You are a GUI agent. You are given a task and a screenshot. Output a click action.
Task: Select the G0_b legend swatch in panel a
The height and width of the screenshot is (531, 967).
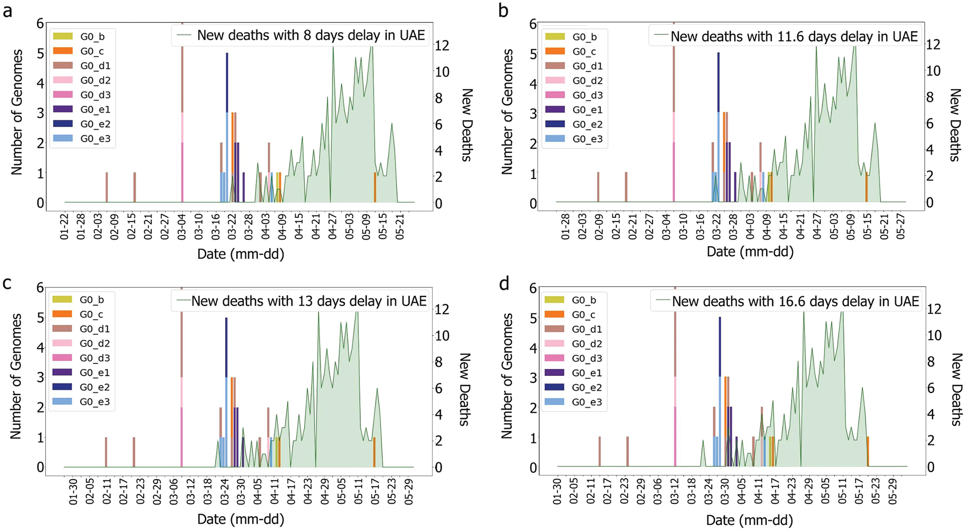tap(63, 36)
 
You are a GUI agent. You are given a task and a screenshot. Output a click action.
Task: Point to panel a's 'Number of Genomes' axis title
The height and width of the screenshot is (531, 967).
tap(17, 112)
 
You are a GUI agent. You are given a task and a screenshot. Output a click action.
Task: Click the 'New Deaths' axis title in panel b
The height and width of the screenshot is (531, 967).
tap(954, 125)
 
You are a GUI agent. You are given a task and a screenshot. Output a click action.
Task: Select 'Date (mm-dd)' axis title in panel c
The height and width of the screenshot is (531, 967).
tap(241, 519)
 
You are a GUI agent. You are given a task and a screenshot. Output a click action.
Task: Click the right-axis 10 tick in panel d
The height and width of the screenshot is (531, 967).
tap(934, 335)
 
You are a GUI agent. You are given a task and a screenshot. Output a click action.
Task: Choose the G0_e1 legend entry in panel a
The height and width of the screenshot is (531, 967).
tap(94, 109)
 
